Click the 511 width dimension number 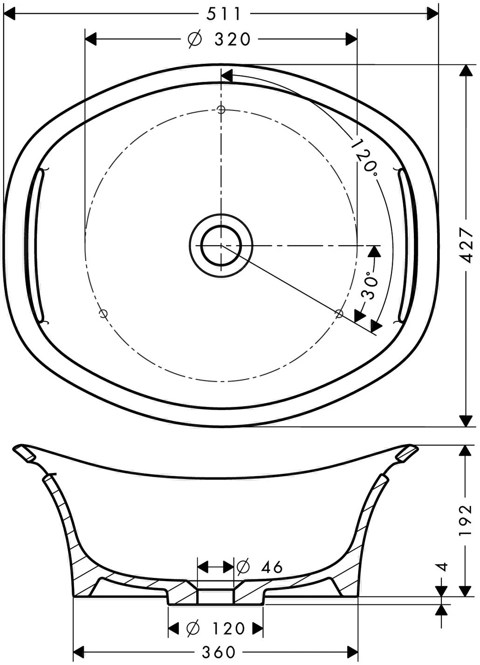[x=224, y=14]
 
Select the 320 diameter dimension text [x=233, y=40]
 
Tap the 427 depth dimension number [x=466, y=246]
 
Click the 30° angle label [x=369, y=285]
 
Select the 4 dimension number [x=443, y=567]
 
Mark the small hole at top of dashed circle [x=221, y=110]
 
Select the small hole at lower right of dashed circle [x=339, y=313]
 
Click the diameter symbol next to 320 [x=194, y=40]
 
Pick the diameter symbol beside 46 [x=243, y=567]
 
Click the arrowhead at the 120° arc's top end [x=226, y=75]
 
